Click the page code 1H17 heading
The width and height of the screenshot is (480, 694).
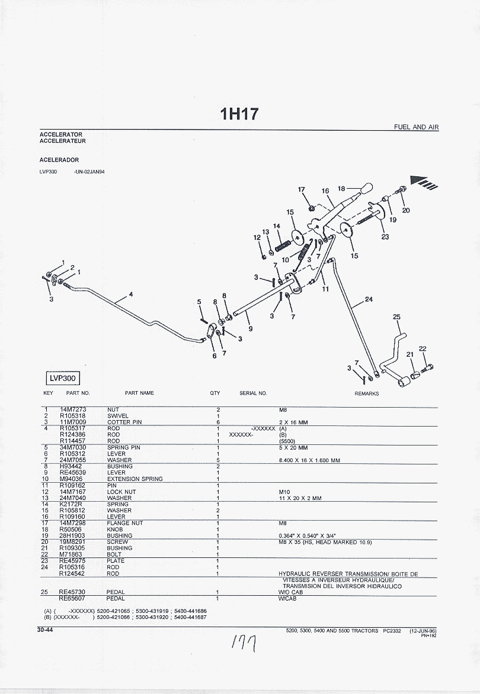pos(239,114)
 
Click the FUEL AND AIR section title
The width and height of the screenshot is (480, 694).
pos(417,127)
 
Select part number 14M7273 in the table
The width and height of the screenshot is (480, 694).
pos(73,409)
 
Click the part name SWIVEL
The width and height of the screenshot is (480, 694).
pos(117,416)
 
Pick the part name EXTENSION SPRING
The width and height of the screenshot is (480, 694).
pos(135,479)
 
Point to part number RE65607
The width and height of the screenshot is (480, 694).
pos(73,598)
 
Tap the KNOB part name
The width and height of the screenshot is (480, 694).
pos(115,530)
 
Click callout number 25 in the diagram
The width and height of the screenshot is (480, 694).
pos(396,317)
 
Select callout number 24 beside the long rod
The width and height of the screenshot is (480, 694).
pos(369,299)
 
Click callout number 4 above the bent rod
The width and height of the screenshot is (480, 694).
pos(130,294)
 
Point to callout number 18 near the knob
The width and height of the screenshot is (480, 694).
pos(341,189)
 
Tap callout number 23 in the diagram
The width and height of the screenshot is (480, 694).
pos(385,237)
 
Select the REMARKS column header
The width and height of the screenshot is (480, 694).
pos(366,393)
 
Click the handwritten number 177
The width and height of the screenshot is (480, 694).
pos(245,643)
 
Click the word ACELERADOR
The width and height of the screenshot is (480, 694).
pos(59,160)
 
